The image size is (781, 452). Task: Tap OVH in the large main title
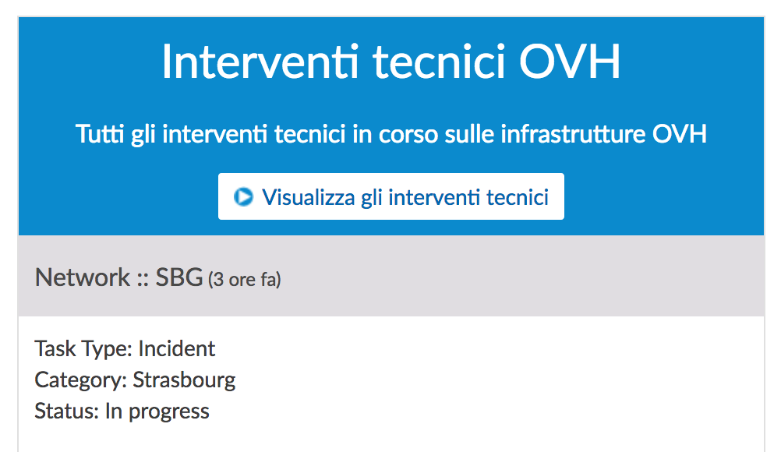(570, 62)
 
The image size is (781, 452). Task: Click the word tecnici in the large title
(439, 62)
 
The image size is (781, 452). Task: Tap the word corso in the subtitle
(408, 134)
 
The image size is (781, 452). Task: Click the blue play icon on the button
(243, 196)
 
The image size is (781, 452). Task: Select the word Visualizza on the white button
(309, 197)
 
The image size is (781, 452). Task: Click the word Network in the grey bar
(82, 277)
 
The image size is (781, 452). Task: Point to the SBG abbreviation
(179, 277)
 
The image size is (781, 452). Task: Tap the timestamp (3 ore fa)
(245, 279)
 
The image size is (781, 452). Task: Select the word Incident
(177, 348)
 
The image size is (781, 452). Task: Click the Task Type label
(83, 349)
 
